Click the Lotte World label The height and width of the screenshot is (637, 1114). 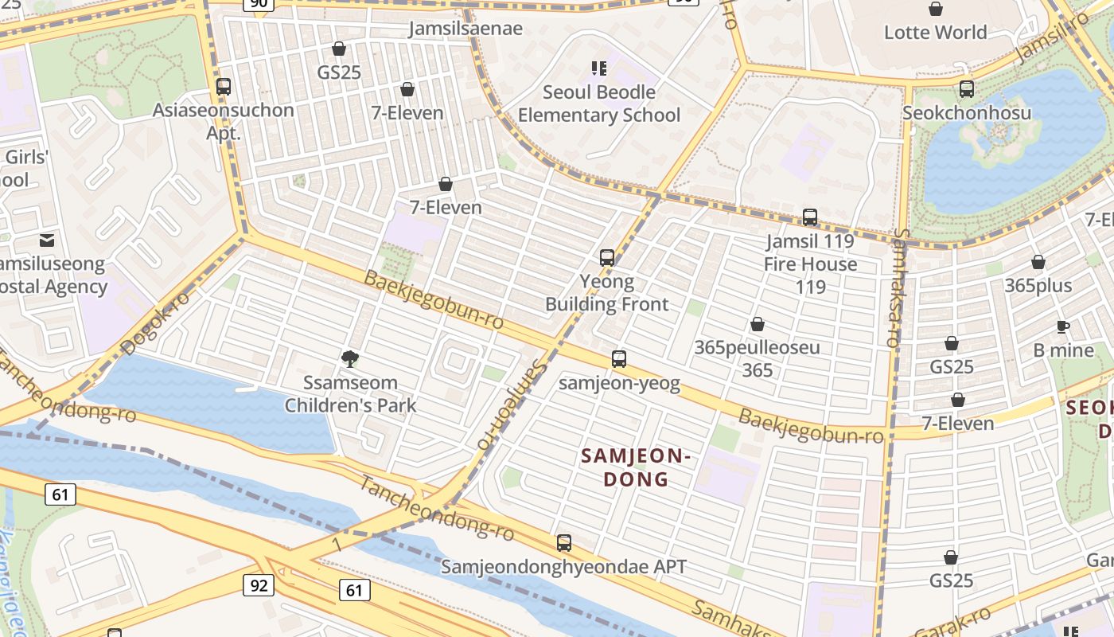(935, 33)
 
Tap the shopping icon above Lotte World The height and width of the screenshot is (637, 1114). (936, 9)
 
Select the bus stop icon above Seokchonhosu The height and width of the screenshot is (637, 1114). (967, 88)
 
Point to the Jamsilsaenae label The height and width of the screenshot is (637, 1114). (465, 29)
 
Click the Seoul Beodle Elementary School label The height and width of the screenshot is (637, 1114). (599, 104)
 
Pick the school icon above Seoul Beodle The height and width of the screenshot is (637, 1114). (598, 68)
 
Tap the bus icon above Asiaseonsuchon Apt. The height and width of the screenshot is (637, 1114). (224, 87)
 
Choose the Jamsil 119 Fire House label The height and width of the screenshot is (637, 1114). (810, 252)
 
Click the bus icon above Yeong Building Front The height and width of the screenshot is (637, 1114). (607, 257)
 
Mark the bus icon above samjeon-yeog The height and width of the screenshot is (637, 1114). (619, 359)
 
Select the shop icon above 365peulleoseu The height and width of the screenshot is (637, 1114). (758, 324)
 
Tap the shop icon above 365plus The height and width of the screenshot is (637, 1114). (1038, 262)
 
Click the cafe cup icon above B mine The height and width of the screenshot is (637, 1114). (1063, 326)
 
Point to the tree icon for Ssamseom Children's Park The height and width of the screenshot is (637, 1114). (349, 359)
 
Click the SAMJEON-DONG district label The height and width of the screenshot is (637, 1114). (634, 467)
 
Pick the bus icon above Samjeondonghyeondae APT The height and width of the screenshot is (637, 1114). (564, 543)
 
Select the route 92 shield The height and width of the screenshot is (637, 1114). (259, 586)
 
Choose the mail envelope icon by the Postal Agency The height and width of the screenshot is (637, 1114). (47, 240)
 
